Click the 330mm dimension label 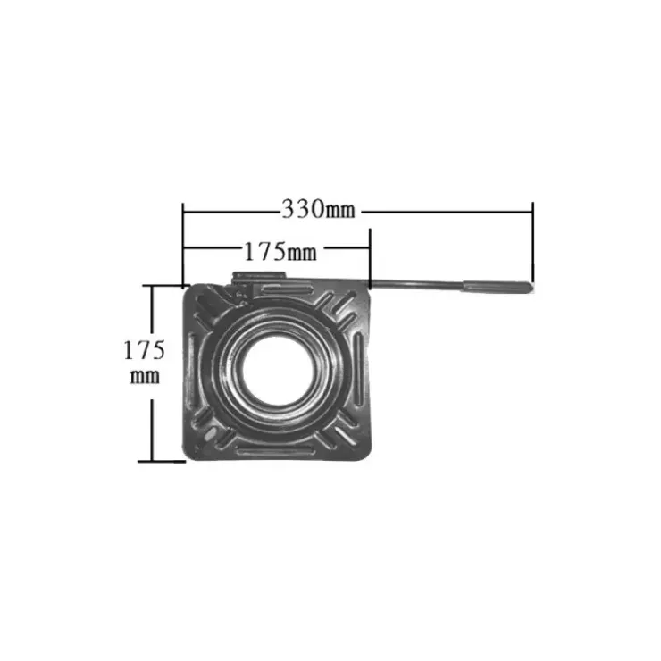(318, 209)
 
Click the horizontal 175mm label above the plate (280, 252)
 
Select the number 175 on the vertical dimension (144, 350)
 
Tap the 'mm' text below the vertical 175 (145, 376)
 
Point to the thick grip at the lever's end (498, 286)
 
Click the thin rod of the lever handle (416, 285)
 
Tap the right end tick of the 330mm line (533, 241)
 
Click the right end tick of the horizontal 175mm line (370, 258)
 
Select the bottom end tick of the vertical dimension (162, 461)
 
